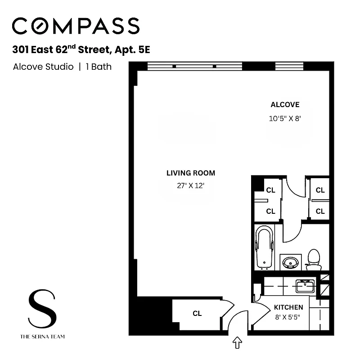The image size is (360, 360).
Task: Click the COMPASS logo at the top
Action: coord(76,26)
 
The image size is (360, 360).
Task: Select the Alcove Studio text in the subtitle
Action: coord(43,67)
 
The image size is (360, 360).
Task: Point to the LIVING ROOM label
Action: coord(191,173)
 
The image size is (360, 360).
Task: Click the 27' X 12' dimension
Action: coord(191,185)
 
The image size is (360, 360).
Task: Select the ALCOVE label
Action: coord(285,105)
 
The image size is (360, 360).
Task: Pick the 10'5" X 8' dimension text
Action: coord(285,119)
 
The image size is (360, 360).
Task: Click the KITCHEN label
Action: coord(288,307)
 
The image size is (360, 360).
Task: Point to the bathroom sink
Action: coord(288,262)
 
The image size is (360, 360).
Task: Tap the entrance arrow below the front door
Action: coord(237,343)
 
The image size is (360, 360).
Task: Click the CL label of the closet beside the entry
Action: coord(197,314)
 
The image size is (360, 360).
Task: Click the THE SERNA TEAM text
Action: coord(42,336)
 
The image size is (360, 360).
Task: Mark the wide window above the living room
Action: coord(195,66)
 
